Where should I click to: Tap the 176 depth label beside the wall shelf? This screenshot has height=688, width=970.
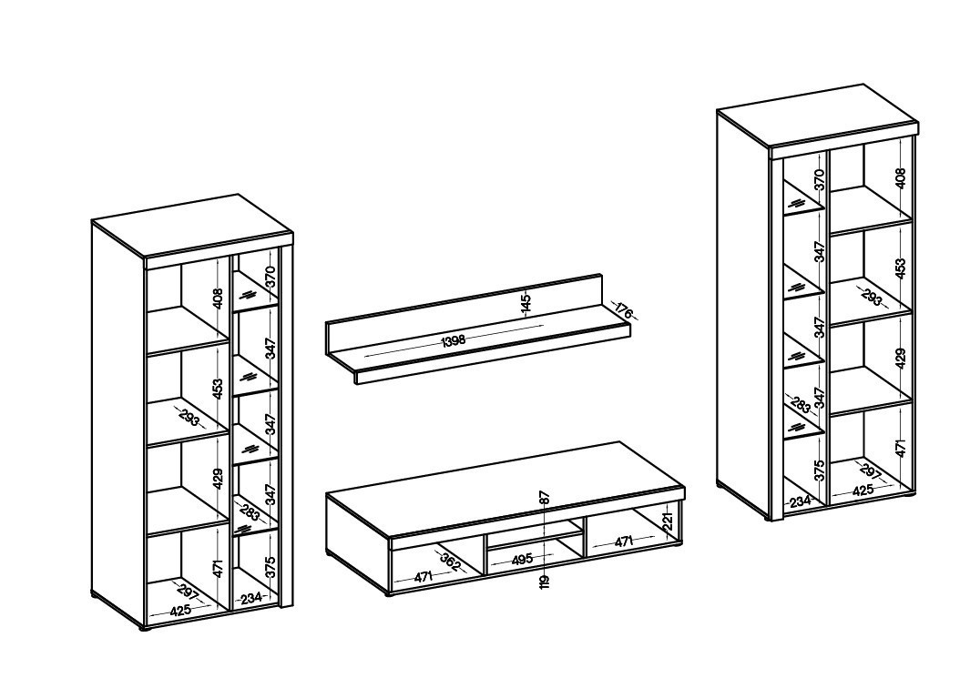pyautogui.click(x=625, y=311)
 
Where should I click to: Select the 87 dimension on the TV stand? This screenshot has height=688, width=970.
pyautogui.click(x=544, y=498)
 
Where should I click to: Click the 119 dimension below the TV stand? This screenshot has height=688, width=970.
pyautogui.click(x=544, y=581)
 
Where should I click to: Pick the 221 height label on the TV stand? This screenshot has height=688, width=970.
pyautogui.click(x=667, y=521)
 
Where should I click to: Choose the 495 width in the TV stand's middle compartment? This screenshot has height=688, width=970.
pyautogui.click(x=523, y=560)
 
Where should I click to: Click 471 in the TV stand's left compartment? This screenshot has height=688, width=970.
pyautogui.click(x=423, y=578)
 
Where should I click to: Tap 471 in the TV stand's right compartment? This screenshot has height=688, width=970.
pyautogui.click(x=624, y=542)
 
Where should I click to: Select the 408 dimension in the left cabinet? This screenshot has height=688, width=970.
pyautogui.click(x=217, y=299)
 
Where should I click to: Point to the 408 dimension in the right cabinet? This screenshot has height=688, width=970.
pyautogui.click(x=900, y=178)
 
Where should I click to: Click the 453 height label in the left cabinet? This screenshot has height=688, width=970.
pyautogui.click(x=217, y=390)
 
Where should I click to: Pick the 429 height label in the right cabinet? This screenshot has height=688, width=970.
pyautogui.click(x=900, y=359)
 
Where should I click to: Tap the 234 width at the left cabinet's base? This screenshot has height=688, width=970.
pyautogui.click(x=251, y=598)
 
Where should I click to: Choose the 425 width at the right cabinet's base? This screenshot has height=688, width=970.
pyautogui.click(x=863, y=491)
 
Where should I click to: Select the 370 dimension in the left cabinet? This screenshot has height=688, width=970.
pyautogui.click(x=270, y=277)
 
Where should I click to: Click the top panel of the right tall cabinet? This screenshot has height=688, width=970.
pyautogui.click(x=818, y=116)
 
